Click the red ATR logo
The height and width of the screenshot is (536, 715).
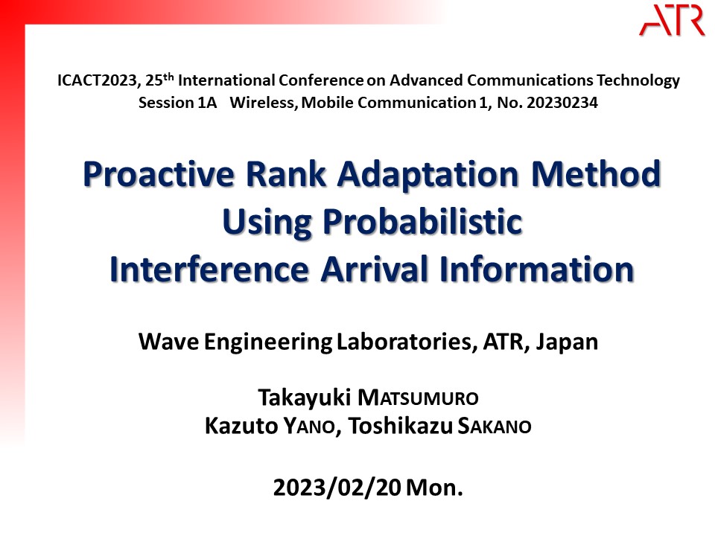click(x=672, y=21)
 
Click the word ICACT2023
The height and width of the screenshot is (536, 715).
click(x=97, y=80)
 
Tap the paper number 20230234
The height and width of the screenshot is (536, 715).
click(x=562, y=103)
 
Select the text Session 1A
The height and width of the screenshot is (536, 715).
click(x=177, y=103)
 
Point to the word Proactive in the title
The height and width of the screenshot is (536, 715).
click(x=159, y=174)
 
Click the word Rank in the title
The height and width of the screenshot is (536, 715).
click(x=286, y=174)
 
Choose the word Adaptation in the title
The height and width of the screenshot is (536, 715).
click(x=428, y=176)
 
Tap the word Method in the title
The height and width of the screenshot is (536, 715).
click(x=596, y=174)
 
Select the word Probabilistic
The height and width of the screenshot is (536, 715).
click(x=423, y=222)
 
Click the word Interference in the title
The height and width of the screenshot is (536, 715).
click(x=209, y=269)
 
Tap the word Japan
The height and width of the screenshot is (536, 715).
click(x=567, y=342)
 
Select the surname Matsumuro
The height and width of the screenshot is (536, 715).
click(x=418, y=398)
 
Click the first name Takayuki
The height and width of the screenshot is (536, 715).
click(x=304, y=398)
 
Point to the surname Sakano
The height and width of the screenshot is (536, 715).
click(x=495, y=427)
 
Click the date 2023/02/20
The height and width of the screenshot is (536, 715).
click(x=337, y=488)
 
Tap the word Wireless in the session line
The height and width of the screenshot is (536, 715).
click(x=264, y=103)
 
